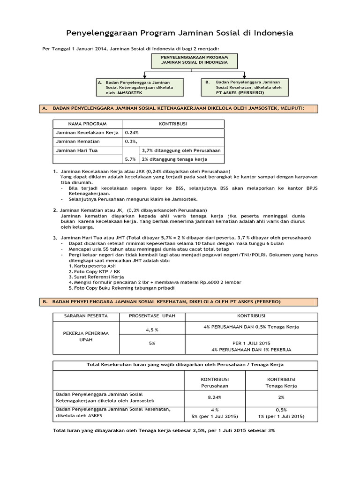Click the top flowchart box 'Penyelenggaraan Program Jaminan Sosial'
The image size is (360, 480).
point(194,60)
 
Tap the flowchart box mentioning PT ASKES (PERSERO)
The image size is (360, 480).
point(244,87)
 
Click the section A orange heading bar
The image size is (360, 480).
point(180,109)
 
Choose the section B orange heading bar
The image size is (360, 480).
point(180,302)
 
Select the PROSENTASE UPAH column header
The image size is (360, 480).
point(152,317)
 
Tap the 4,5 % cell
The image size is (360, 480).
point(152,330)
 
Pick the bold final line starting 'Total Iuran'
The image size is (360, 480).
point(164,430)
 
